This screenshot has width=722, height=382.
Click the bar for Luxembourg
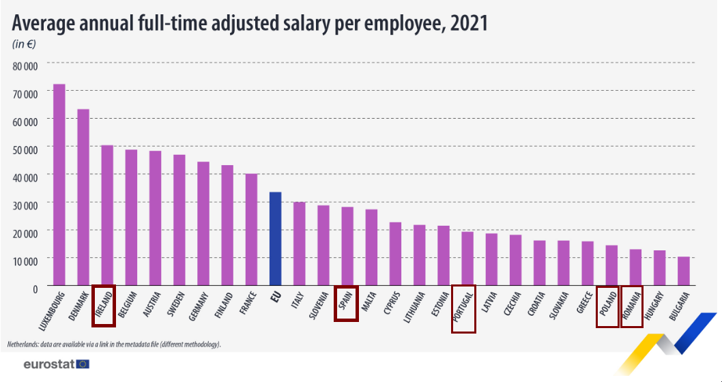59,184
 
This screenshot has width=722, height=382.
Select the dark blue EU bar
275,238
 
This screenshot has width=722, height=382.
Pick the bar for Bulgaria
683,271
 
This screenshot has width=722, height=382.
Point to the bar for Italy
299,244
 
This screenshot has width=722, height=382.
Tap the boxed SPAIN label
346,303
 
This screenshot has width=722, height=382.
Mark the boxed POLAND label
607,307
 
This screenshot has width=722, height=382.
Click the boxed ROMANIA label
631,307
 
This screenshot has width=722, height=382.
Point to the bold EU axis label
276,297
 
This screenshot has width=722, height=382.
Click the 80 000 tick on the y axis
25,65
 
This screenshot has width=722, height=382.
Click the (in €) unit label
25,44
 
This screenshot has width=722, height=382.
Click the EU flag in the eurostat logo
83,364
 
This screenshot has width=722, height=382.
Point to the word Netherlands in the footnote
23,344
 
